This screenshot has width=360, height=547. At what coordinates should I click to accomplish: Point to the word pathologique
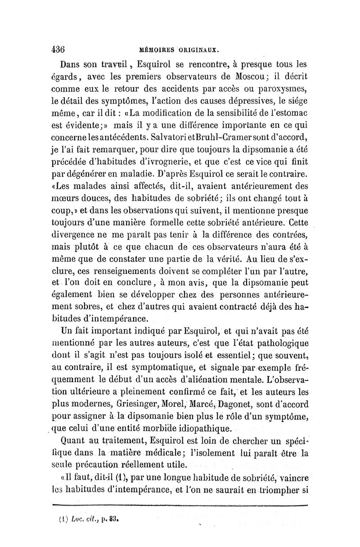[x=279, y=344]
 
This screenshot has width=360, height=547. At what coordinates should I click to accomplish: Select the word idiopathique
[x=200, y=426]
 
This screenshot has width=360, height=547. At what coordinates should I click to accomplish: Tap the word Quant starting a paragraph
[x=79, y=439]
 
